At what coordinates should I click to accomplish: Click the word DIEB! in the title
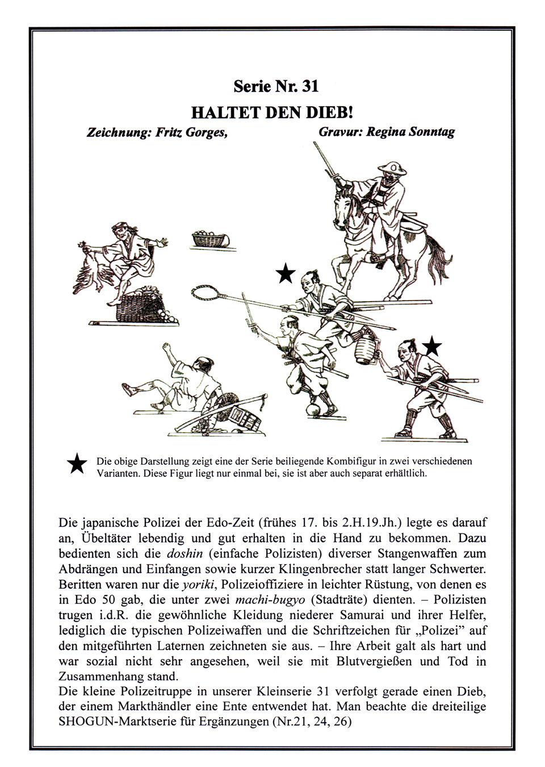tap(330, 111)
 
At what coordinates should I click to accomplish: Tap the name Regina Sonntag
tap(410, 132)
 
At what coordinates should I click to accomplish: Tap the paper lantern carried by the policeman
tap(364, 348)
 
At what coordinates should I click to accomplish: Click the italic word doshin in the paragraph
tap(186, 553)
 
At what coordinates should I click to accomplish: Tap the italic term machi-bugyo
tap(270, 599)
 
